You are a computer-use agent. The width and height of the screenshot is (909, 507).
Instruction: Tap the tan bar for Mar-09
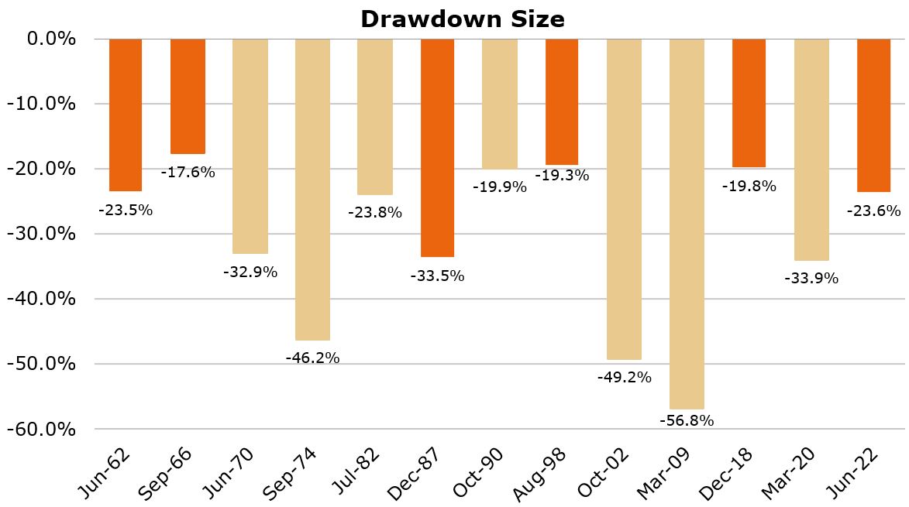click(x=687, y=224)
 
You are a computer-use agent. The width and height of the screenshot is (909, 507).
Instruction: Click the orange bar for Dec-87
click(x=437, y=147)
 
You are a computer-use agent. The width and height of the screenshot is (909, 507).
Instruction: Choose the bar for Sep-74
click(x=312, y=190)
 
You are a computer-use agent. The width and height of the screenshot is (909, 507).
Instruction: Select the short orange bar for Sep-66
click(x=188, y=96)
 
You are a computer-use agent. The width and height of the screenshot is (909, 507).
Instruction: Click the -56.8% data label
click(x=687, y=420)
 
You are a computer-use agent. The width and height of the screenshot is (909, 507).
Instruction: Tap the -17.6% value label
click(x=188, y=172)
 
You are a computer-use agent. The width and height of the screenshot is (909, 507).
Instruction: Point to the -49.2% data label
click(x=624, y=378)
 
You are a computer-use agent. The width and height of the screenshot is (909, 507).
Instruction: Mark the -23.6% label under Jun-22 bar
click(x=873, y=210)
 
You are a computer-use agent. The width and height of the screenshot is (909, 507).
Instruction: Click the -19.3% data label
click(x=562, y=175)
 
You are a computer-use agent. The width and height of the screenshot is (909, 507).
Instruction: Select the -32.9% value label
click(x=250, y=272)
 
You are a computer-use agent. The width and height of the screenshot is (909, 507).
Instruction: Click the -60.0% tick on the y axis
click(x=43, y=429)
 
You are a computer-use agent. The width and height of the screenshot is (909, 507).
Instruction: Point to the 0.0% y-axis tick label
click(x=50, y=39)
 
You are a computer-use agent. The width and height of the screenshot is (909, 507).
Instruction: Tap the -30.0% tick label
click(x=43, y=234)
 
